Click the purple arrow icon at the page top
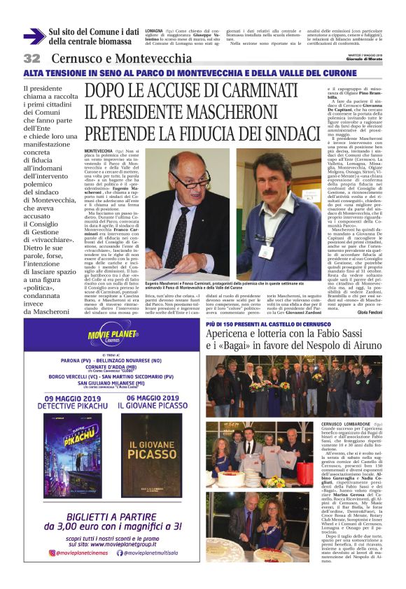coord(34,36)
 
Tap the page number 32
coord(32,59)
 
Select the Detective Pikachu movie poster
coord(72,455)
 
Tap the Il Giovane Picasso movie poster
coord(152,455)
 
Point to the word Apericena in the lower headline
coord(229,334)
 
